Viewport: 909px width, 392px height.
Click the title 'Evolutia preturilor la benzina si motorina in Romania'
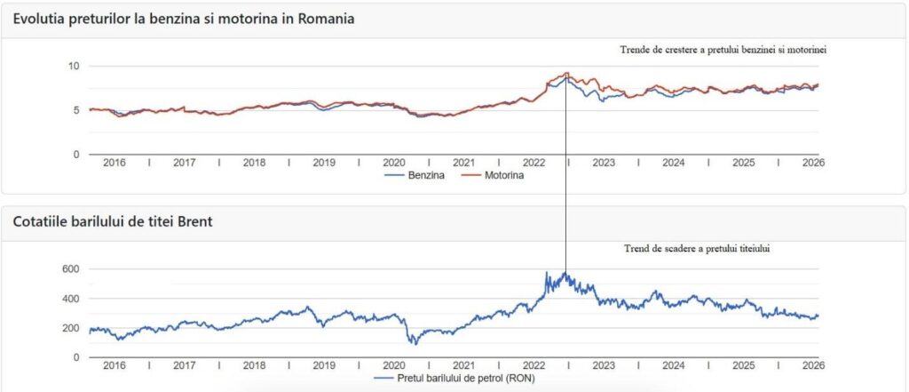point(184,19)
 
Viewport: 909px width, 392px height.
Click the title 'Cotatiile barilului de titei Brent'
point(113,222)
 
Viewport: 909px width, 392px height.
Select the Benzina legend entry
point(414,176)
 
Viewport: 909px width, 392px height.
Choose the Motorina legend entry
point(498,176)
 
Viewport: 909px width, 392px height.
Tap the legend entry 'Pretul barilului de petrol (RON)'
point(453,379)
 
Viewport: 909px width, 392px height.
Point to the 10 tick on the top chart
point(74,66)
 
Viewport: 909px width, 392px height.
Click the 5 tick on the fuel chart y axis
point(76,110)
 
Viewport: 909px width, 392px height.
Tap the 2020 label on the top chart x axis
point(393,164)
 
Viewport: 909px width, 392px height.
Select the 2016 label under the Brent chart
point(114,366)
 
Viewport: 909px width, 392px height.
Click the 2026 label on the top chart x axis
point(811,164)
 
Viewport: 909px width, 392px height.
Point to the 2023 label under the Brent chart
point(603,366)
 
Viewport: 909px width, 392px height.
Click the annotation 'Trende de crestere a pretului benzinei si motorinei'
point(723,50)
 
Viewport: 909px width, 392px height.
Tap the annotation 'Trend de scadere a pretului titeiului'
point(696,250)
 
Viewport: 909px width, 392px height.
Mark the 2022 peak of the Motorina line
point(566,73)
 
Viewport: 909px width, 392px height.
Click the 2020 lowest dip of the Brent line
point(413,343)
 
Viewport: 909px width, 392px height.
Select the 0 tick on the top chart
point(76,155)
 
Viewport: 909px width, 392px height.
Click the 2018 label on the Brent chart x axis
point(254,366)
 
